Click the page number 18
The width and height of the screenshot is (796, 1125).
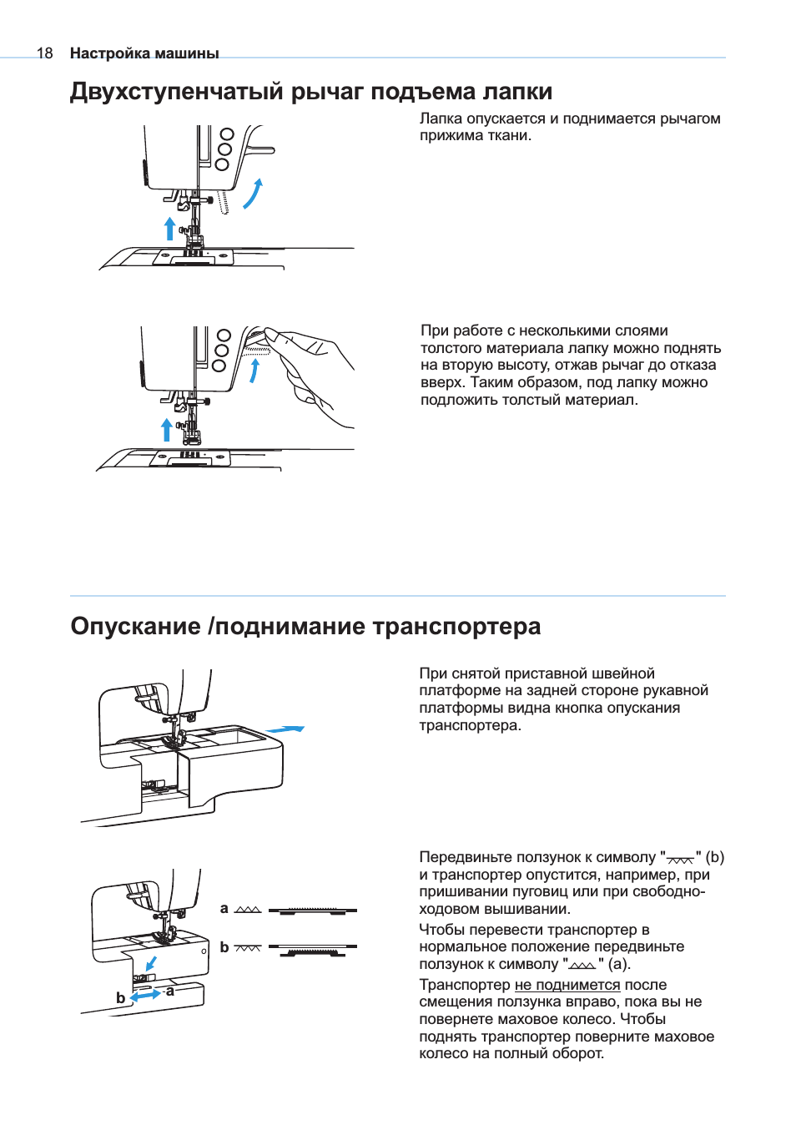(44, 53)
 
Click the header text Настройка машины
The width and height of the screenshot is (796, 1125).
(144, 53)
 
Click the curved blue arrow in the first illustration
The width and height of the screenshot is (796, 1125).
(253, 194)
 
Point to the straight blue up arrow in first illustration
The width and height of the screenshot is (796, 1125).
(169, 228)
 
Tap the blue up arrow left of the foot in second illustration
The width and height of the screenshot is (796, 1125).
(167, 429)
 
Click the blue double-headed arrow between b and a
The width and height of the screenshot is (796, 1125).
(146, 995)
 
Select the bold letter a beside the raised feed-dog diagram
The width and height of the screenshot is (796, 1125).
(224, 908)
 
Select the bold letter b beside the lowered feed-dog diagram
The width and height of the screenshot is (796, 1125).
(224, 947)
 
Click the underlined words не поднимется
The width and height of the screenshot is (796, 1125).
(567, 985)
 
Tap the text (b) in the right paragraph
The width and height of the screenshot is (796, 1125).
(714, 857)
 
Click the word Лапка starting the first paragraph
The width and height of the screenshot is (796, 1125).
(441, 119)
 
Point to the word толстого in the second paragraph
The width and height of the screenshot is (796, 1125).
(448, 348)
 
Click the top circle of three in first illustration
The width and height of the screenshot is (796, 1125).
(226, 134)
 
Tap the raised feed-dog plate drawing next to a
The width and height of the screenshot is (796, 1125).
(313, 911)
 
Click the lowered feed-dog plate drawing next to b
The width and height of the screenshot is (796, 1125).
(313, 951)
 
